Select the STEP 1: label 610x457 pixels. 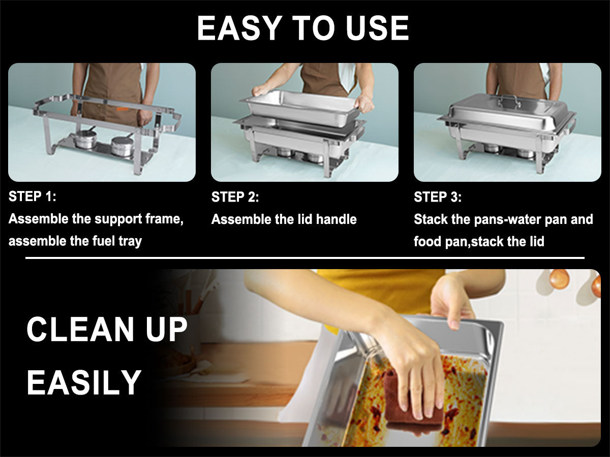[x=33, y=197]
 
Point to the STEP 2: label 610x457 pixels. [x=235, y=197]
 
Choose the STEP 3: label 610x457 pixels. [x=438, y=197]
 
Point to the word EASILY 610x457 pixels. [x=84, y=382]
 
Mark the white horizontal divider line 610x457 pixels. [x=305, y=258]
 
